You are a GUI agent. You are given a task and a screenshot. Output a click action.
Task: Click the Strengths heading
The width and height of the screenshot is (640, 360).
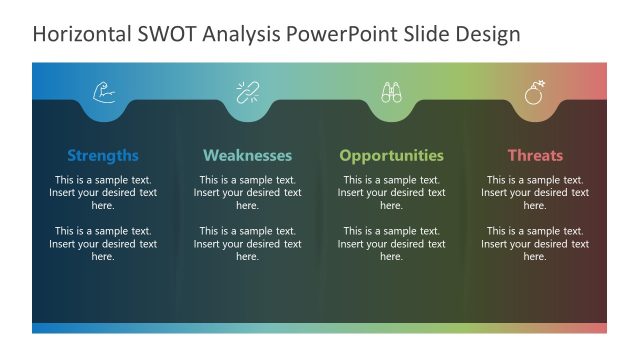click(103, 155)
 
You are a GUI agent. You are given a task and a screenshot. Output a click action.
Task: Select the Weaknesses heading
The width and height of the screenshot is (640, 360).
click(247, 155)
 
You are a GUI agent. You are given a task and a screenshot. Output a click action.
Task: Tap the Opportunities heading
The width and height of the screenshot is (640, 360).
click(391, 155)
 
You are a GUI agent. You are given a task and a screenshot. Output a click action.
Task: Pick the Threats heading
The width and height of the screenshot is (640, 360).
click(535, 155)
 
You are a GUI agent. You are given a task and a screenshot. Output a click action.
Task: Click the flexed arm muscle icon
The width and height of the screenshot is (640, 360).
click(104, 93)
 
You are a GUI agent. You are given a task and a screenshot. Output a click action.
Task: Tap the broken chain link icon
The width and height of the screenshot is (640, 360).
click(247, 93)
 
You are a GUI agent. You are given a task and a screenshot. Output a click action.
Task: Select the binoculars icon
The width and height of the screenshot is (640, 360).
click(391, 93)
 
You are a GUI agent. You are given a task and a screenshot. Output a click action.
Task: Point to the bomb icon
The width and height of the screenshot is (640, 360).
click(535, 93)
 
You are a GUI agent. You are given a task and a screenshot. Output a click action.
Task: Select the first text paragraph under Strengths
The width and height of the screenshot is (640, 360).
click(103, 192)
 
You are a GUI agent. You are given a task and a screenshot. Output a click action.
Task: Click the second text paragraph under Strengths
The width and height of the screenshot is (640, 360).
click(103, 243)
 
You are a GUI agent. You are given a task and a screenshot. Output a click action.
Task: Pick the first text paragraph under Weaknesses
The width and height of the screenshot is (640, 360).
click(247, 192)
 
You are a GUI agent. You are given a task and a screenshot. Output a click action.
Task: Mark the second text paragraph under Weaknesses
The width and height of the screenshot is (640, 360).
click(247, 243)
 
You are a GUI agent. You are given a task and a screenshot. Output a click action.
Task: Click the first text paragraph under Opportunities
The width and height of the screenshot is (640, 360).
click(391, 192)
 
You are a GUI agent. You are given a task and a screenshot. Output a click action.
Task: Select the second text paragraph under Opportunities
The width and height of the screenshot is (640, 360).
click(391, 243)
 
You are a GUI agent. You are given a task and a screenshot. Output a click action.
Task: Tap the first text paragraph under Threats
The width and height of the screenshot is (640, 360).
click(535, 192)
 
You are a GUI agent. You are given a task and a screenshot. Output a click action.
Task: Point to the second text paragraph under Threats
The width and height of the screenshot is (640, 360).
click(535, 243)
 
